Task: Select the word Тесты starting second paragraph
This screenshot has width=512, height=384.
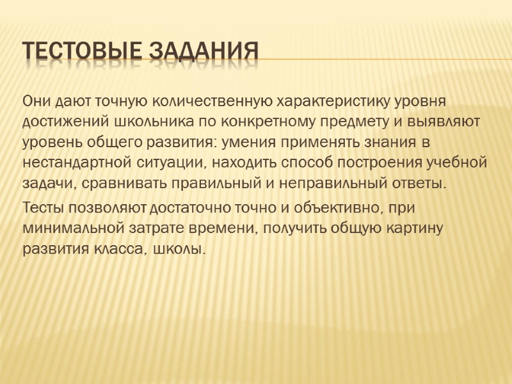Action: [42, 207]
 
